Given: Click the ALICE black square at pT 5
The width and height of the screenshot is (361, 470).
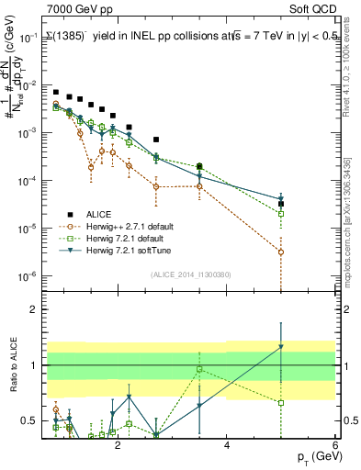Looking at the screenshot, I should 281,204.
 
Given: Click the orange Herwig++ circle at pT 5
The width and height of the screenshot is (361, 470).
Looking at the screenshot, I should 281,252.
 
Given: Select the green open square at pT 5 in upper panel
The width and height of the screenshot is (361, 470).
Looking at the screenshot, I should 281,213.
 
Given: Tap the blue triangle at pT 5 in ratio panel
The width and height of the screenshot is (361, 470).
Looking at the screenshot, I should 281,347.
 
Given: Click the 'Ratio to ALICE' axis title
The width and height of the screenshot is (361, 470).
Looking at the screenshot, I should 11,365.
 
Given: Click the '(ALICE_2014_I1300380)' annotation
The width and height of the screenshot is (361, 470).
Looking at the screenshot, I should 189,273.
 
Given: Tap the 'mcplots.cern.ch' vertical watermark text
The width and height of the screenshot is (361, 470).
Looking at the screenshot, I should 353,266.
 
